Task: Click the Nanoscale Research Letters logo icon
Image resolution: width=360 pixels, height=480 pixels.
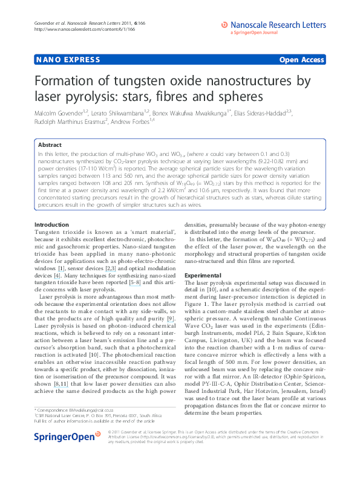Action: pyautogui.click(x=224, y=25)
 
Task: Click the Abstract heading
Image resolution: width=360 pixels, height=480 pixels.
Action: pyautogui.click(x=50, y=145)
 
